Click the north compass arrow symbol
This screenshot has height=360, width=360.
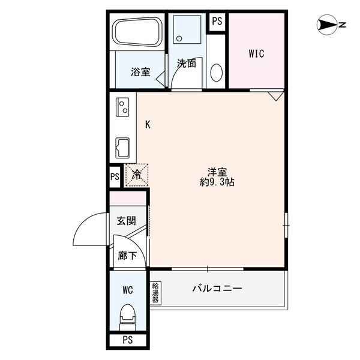tap(329, 25)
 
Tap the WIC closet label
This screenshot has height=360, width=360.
tap(257, 53)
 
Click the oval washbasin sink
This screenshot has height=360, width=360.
tap(217, 73)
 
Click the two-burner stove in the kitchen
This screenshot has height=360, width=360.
tap(123, 108)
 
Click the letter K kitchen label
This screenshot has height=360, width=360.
tap(148, 125)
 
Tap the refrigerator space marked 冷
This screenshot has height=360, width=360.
tap(136, 175)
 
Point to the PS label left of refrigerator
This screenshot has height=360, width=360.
tap(115, 177)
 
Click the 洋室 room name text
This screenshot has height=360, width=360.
tap(217, 170)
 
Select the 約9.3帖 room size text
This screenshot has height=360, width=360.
tap(217, 181)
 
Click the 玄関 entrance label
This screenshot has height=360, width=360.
tap(126, 220)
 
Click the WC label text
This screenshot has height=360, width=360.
tap(127, 290)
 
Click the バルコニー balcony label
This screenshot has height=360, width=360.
tap(217, 289)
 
